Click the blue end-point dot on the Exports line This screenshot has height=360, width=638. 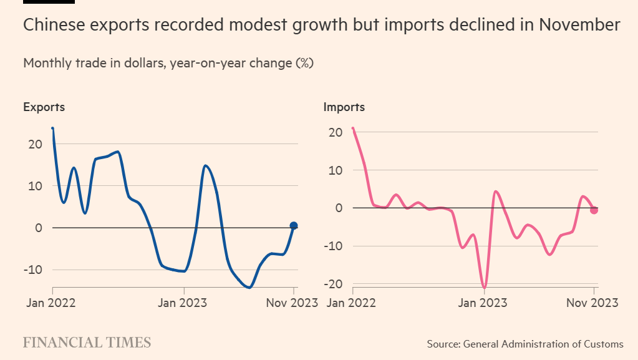(x=294, y=226)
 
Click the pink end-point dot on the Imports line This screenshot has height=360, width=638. (x=594, y=210)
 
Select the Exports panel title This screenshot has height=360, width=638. (x=44, y=107)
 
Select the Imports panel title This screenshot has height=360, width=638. (x=344, y=107)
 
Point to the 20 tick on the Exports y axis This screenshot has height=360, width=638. (x=35, y=144)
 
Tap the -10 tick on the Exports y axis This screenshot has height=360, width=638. (x=32, y=270)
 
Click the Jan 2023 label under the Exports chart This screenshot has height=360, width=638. (x=183, y=303)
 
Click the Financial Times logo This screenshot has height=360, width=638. (x=87, y=343)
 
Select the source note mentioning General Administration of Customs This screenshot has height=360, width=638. (x=525, y=344)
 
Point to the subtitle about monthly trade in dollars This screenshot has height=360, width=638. (x=168, y=63)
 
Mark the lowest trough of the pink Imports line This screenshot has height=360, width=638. (x=484, y=288)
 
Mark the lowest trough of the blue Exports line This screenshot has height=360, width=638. (x=249, y=288)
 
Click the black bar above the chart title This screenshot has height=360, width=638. (x=49, y=2)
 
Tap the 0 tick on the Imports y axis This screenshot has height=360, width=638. (x=339, y=208)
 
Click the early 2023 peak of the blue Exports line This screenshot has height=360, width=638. (x=205, y=165)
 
